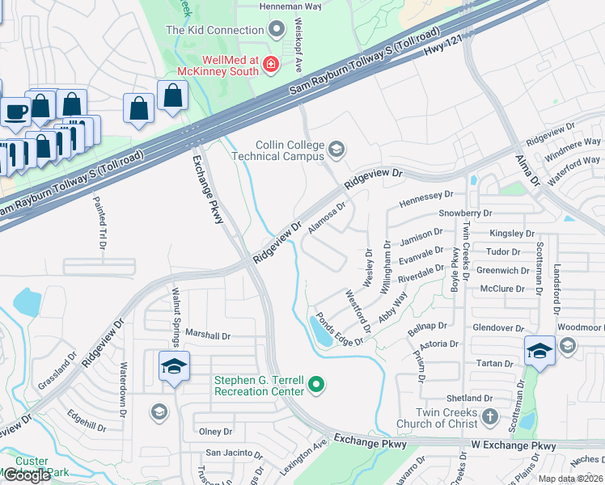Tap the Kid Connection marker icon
pyautogui.click(x=277, y=30)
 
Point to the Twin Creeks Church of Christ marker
pyautogui.click(x=489, y=417)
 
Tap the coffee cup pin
pyautogui.click(x=15, y=110)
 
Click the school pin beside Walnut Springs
pyautogui.click(x=174, y=367)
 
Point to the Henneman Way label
pyautogui.click(x=290, y=6)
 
